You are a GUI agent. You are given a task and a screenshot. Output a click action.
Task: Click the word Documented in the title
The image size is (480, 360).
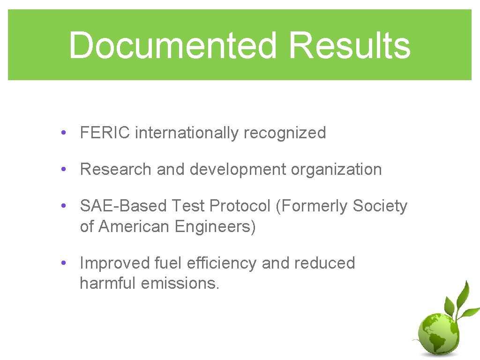coord(174,45)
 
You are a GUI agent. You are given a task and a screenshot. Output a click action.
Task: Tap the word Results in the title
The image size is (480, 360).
coord(349,45)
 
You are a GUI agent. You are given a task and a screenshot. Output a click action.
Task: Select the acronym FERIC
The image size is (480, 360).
coord(105,133)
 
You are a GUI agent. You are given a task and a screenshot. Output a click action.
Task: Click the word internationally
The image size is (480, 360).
coord(187,133)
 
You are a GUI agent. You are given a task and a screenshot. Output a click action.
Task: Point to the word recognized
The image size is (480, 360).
coord(285,133)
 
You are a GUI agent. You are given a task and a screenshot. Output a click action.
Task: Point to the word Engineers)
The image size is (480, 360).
coord(215,227)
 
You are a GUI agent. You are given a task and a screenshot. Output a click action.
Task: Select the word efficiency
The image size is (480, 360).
coord(222,263)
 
